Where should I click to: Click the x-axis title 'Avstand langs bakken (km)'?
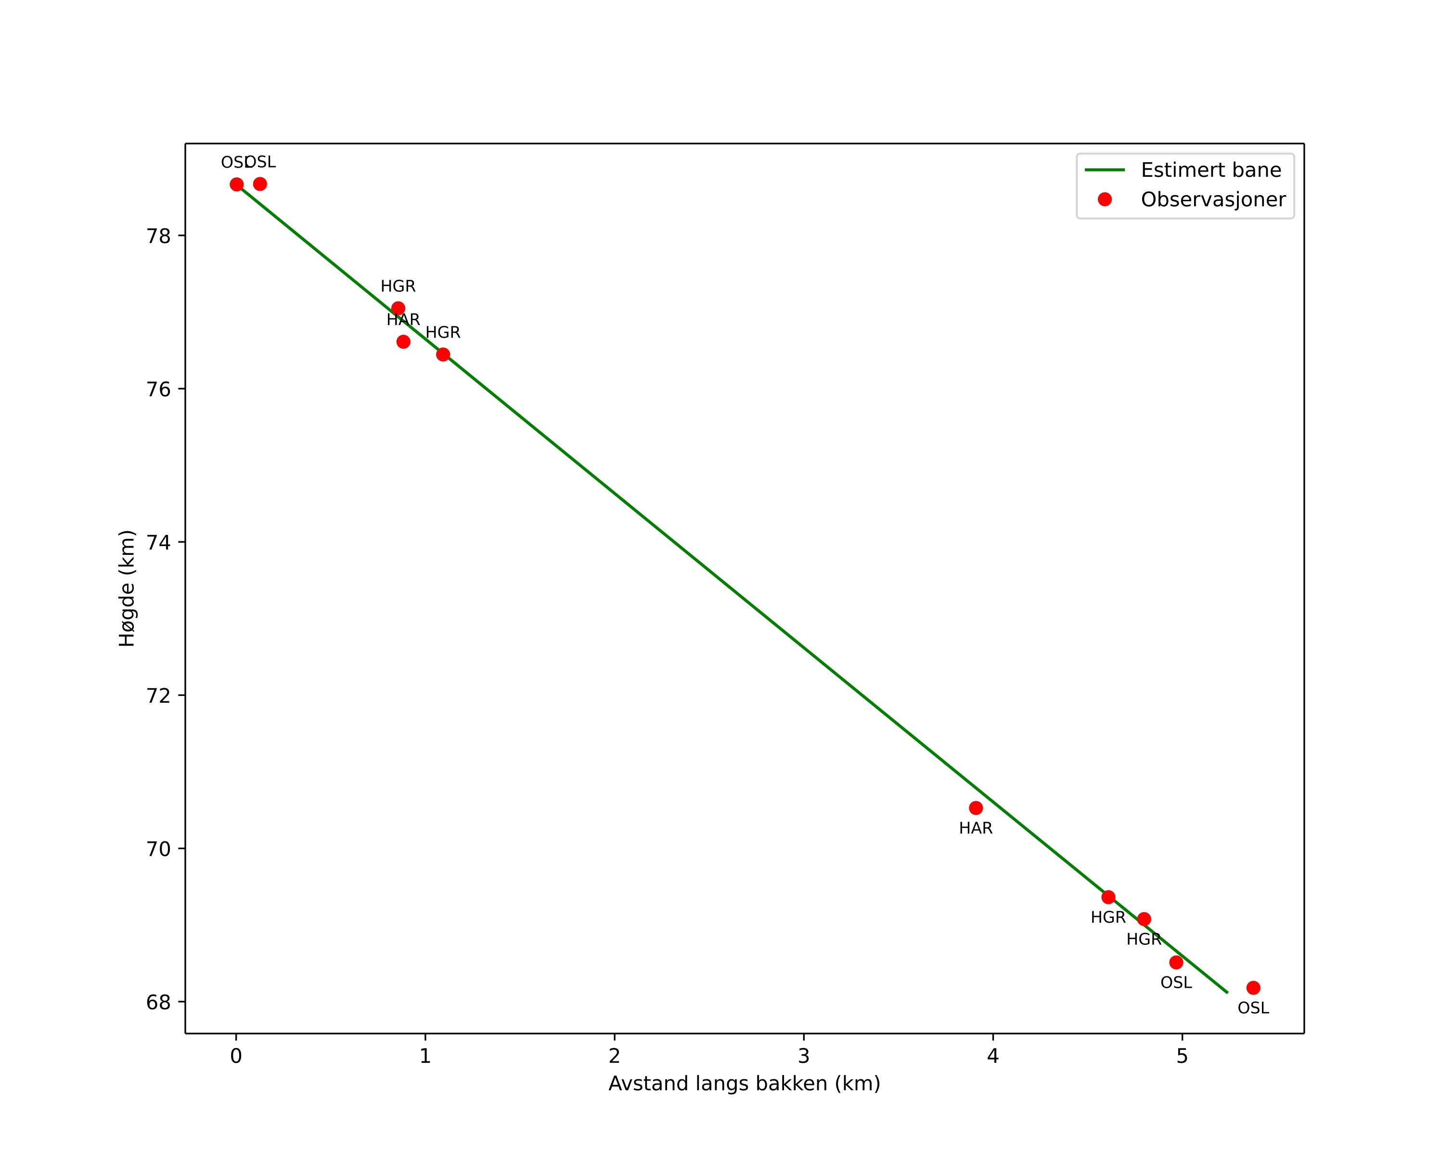744,1084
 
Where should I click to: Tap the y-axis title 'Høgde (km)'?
127,588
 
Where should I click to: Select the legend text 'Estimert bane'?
1210,170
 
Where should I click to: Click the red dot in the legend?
1105,199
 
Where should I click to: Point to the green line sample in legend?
1105,170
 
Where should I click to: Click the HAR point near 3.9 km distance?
976,808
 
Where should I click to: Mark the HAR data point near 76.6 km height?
403,342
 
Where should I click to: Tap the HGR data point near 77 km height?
399,308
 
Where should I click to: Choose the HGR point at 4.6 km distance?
1108,897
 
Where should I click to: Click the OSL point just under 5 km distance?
1176,962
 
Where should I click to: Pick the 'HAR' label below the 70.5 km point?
976,828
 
